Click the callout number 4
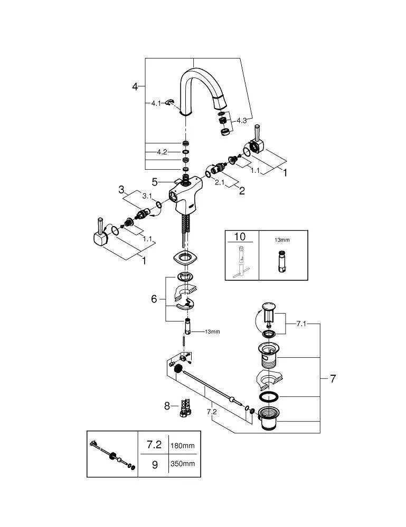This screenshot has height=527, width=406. tap(135, 86)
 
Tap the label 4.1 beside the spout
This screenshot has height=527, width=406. tap(155, 103)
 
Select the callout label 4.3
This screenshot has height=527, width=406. tap(242, 121)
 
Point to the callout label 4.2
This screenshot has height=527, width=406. tap(162, 152)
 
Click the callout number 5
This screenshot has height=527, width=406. tap(155, 182)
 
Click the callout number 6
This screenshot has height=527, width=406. tap(154, 299)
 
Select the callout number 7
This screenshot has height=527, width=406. tap(333, 378)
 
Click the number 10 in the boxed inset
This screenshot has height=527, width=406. tap(240, 237)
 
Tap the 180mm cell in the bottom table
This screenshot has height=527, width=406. tap(182, 445)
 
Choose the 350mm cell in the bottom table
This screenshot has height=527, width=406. tap(182, 464)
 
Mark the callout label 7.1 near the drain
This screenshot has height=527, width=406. tap(301, 324)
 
